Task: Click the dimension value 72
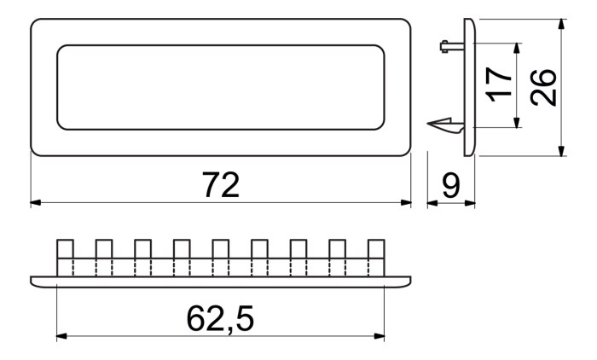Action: pos(221,185)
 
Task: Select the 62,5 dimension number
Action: pos(220,318)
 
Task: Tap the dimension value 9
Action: pos(451,185)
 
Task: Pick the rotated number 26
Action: pos(543,87)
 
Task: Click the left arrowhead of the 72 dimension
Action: pos(36,203)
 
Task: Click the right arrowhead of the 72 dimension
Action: pos(406,203)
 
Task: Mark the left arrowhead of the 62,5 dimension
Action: pos(61,336)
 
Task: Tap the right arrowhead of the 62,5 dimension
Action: pos(380,336)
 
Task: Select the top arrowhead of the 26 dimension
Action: pos(561,25)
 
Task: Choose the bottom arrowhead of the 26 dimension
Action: pos(561,150)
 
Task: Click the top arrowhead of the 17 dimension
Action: pos(517,49)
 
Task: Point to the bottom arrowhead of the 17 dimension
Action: pos(517,123)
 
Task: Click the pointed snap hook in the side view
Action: pos(445,125)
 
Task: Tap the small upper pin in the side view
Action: pos(451,46)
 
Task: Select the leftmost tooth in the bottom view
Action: pos(65,257)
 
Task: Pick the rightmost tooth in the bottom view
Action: pos(376,257)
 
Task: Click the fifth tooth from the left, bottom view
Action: pos(220,257)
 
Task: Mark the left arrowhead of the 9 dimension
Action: pos(432,203)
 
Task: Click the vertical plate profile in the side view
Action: pos(469,87)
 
